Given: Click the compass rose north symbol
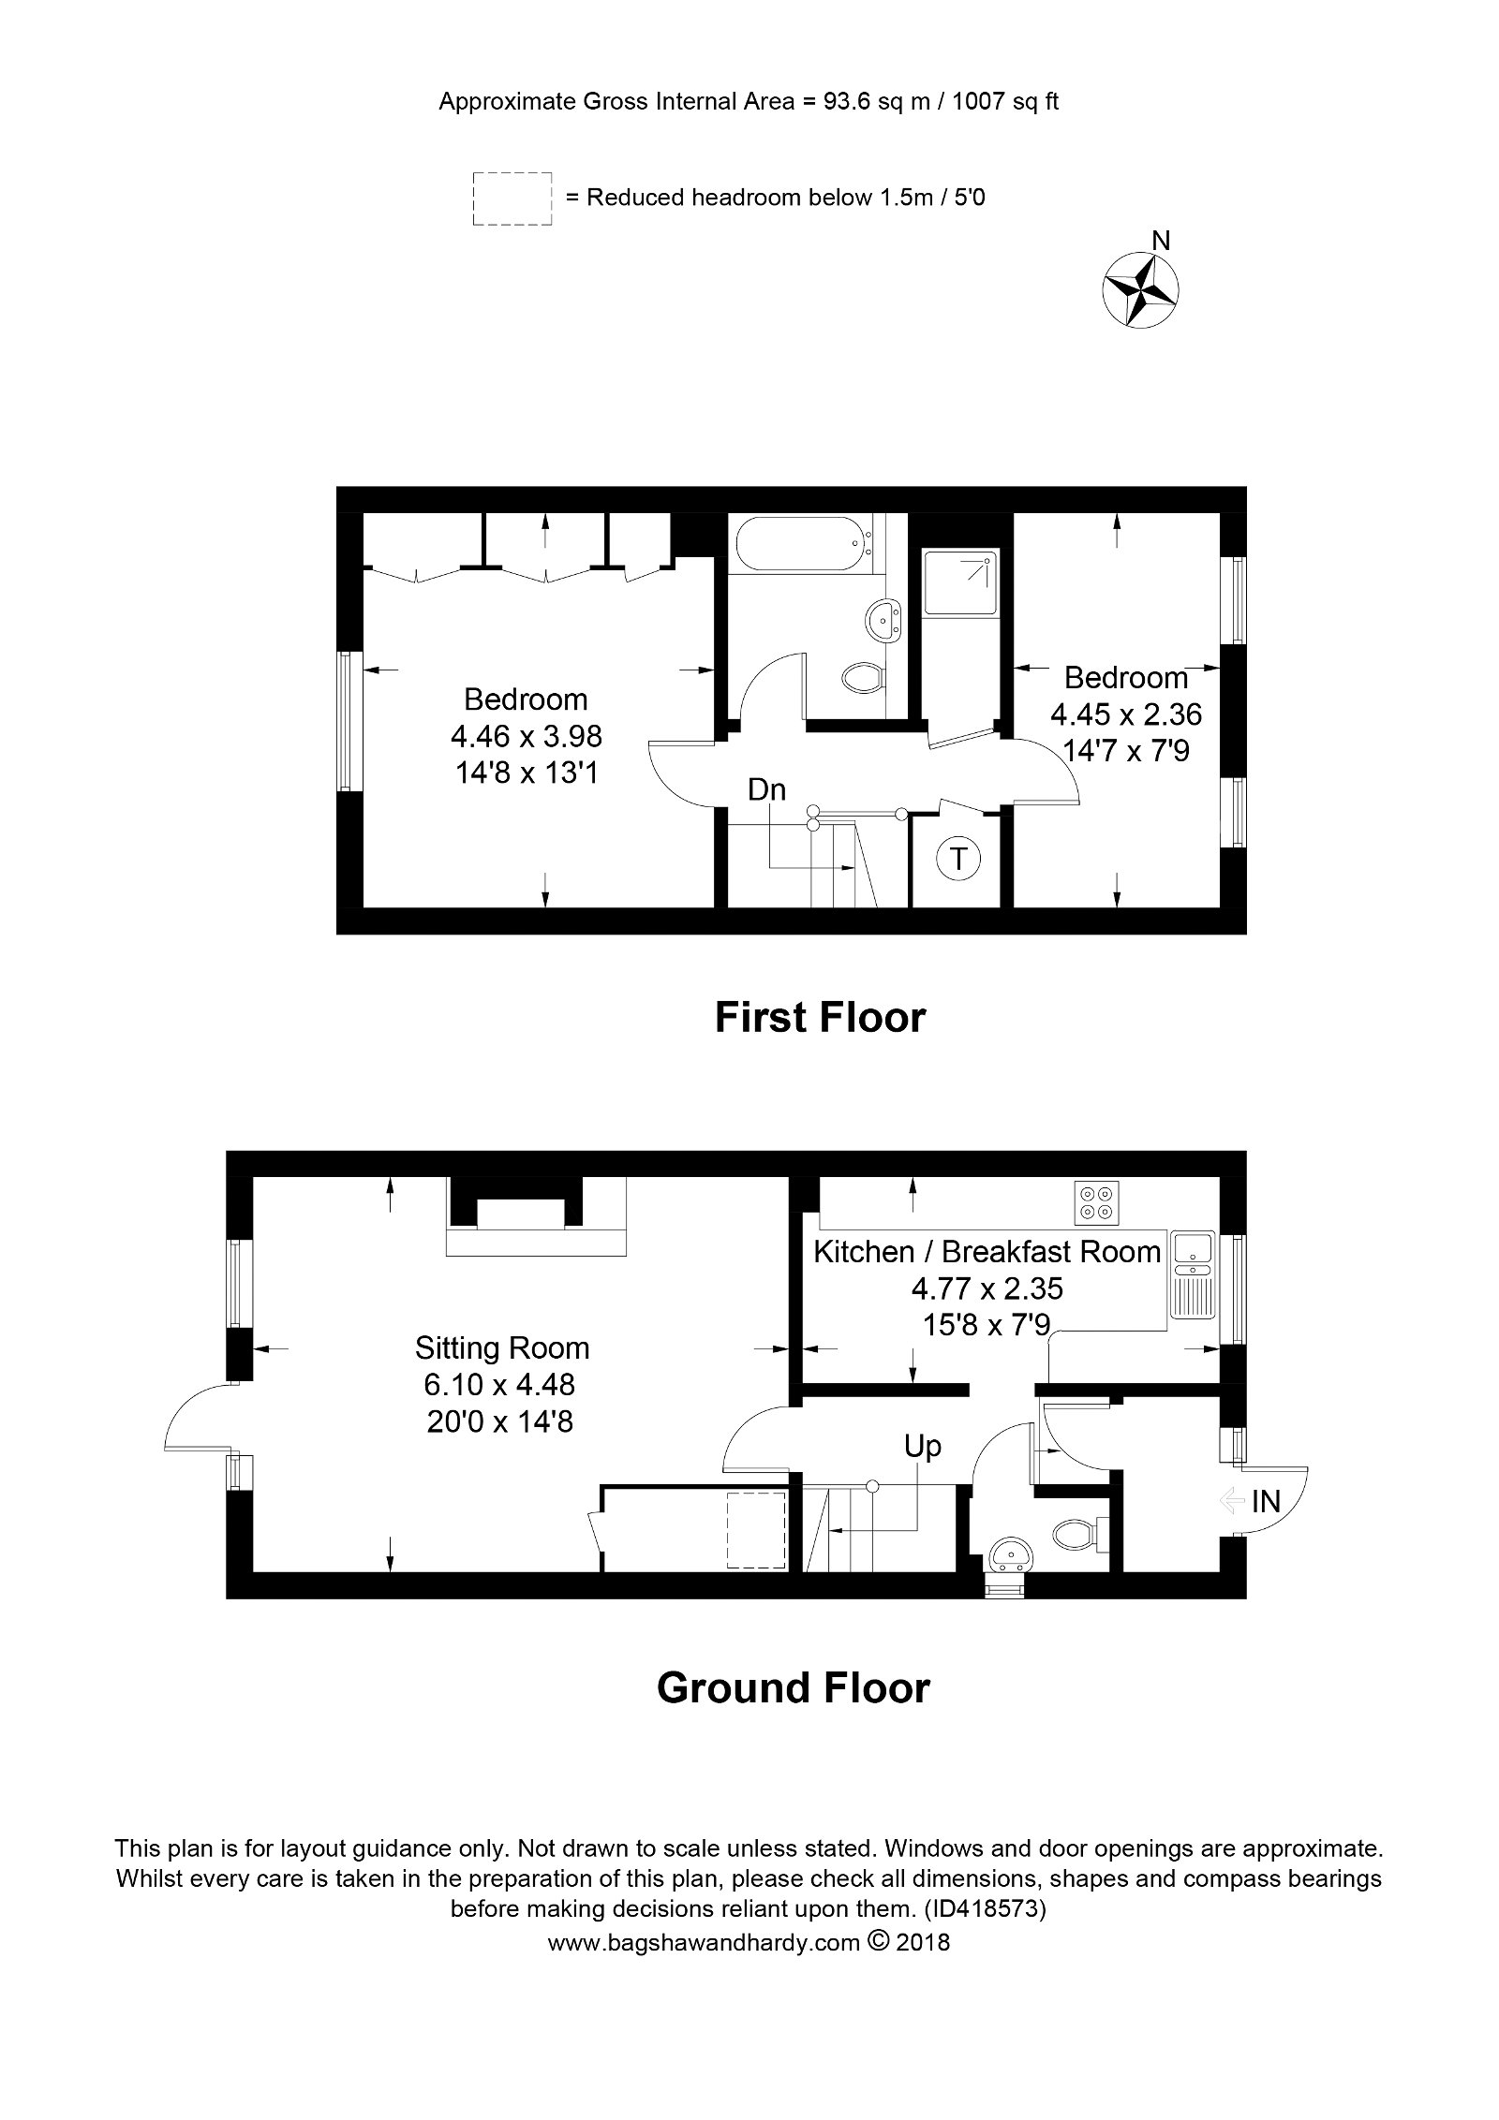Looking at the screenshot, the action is (x=1140, y=290).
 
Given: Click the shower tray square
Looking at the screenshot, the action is (x=959, y=582).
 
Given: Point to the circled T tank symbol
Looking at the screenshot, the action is (x=958, y=857).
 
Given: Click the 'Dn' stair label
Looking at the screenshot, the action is (x=766, y=790).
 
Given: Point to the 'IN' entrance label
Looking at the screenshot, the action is (x=1266, y=1503).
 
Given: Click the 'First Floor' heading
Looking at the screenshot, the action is (x=820, y=1017).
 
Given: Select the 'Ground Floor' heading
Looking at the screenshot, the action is (x=793, y=1687).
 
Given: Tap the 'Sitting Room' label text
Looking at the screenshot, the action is (x=502, y=1348).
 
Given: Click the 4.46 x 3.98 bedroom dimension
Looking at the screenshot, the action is (x=527, y=736).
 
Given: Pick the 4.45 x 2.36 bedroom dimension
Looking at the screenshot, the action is (x=1126, y=714).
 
